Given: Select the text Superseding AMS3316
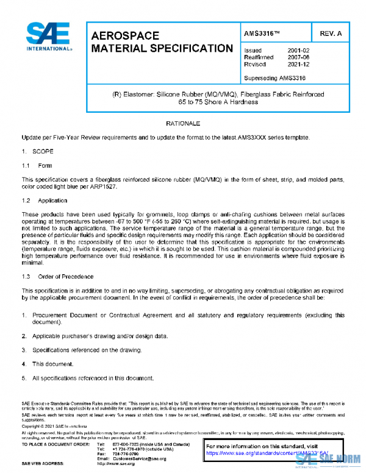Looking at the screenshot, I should [274, 78].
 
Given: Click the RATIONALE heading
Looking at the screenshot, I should [183, 124].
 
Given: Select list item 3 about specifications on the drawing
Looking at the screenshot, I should [80, 350].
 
